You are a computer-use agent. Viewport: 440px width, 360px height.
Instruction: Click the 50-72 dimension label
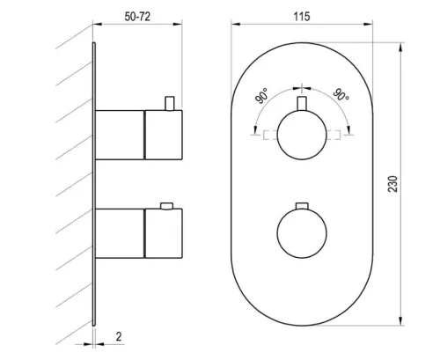[x=137, y=17]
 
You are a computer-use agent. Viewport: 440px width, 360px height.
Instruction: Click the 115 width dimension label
[x=302, y=17]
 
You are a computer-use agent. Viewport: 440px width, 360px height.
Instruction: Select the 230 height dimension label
[x=393, y=184]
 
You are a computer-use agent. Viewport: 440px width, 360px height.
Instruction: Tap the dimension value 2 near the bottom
[x=119, y=336]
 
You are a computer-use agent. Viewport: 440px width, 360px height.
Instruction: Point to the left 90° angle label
[x=262, y=96]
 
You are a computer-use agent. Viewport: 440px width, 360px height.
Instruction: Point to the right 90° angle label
[x=341, y=94]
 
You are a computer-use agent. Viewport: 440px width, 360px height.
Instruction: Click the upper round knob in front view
[x=302, y=135]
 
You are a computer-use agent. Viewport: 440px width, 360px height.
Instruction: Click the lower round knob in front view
[x=302, y=233]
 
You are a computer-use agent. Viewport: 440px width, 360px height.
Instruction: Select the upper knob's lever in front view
[x=302, y=103]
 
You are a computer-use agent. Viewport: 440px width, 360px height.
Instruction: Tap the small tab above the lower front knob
[x=302, y=206]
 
